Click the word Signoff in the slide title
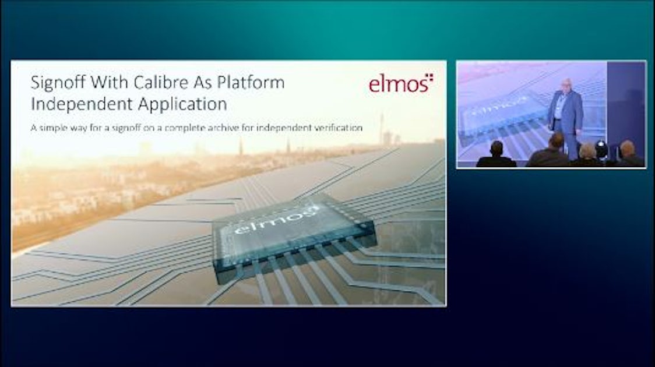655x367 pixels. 55,83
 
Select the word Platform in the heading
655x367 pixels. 251,83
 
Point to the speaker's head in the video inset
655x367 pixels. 564,85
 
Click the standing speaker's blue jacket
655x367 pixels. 566,113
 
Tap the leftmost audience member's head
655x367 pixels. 496,149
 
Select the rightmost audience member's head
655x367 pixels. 627,149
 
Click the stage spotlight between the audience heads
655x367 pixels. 601,151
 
